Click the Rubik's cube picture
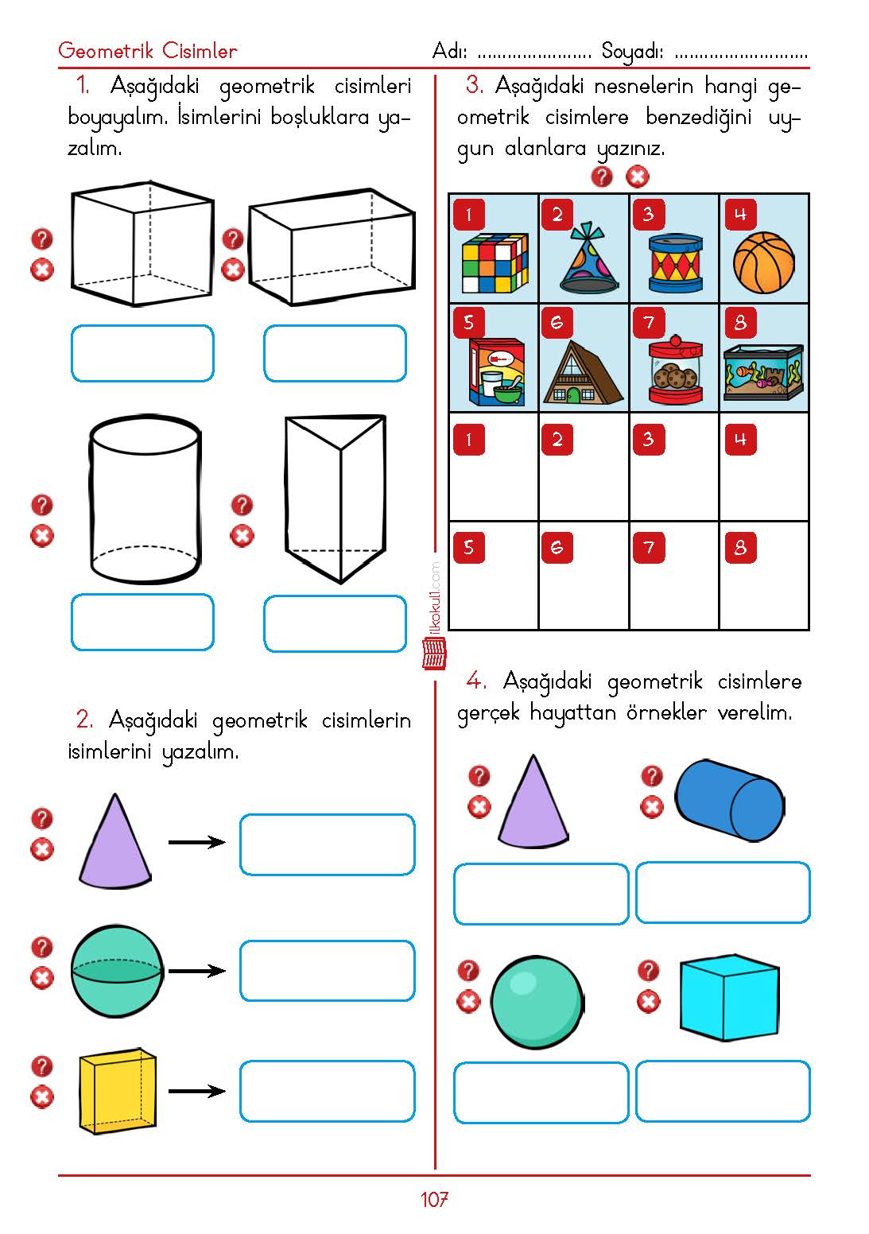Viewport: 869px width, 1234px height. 495,263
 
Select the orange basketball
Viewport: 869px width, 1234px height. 763,262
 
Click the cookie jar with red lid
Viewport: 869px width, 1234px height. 675,370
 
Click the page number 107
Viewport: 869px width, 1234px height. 434,1200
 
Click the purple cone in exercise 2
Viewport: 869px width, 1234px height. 114,843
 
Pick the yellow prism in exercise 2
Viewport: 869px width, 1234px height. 117,1090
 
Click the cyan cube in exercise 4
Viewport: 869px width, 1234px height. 728,998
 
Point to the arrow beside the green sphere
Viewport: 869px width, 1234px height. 197,971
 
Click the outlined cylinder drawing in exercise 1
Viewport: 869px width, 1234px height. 144,499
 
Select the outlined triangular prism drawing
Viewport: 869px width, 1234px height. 335,498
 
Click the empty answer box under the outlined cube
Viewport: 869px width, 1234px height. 142,353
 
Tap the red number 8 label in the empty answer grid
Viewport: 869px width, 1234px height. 740,547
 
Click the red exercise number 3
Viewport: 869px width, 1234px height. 475,84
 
